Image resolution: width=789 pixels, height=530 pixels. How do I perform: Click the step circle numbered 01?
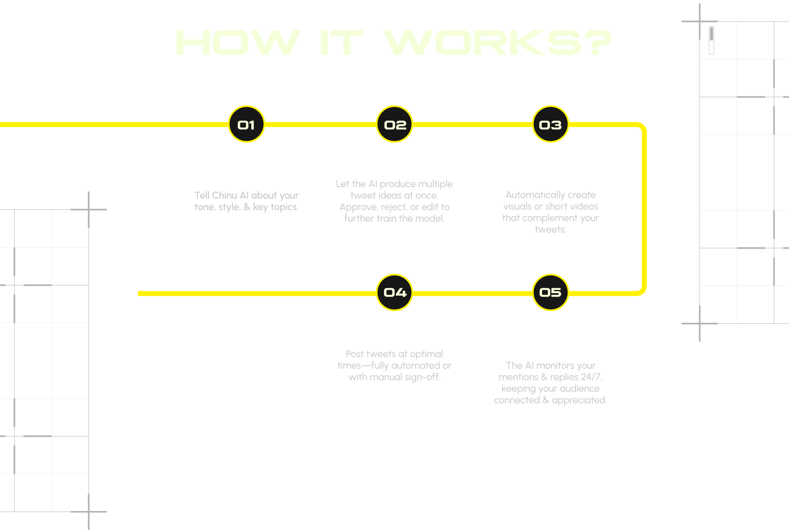point(247,124)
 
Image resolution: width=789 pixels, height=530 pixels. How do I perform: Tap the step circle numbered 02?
point(394,124)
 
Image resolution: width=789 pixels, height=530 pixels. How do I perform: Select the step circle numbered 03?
point(550,124)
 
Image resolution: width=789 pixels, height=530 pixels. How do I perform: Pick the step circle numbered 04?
point(394,292)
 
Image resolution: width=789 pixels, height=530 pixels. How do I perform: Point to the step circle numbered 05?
point(550,292)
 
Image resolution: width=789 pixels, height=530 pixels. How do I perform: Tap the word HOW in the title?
point(238,42)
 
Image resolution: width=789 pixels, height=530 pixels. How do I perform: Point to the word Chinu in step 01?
point(224,195)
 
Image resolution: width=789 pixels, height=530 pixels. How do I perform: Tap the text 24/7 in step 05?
point(591,377)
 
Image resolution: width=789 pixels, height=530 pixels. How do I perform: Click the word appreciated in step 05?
point(579,400)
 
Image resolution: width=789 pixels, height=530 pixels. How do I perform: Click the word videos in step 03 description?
point(584,207)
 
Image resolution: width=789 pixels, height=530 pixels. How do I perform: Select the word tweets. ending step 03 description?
point(550,230)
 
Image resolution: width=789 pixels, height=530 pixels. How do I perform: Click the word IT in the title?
point(341,42)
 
